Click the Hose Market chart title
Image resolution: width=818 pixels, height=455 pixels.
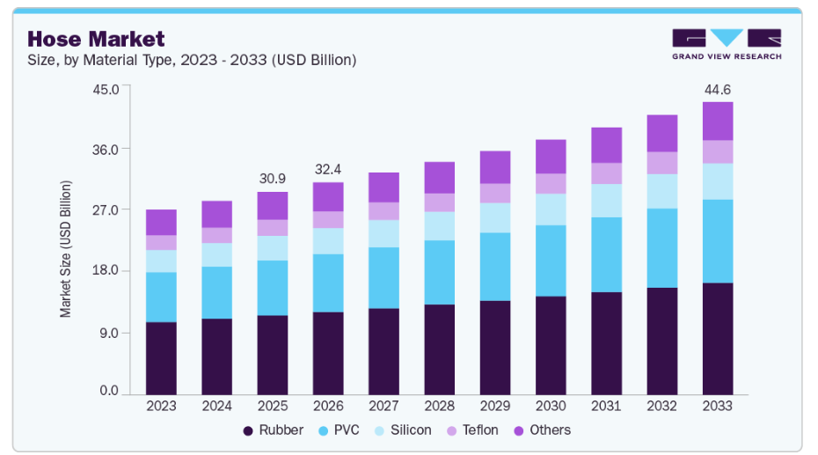(x=97, y=39)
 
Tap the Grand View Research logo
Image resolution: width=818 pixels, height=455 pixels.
(x=727, y=44)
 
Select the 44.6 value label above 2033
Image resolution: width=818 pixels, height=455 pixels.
(x=718, y=89)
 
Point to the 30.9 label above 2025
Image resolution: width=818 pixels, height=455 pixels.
(x=273, y=179)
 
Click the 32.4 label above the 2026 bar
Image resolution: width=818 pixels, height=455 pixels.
(x=328, y=169)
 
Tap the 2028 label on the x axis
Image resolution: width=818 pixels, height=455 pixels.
(x=439, y=406)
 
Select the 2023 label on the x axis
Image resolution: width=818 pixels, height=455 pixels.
(x=161, y=406)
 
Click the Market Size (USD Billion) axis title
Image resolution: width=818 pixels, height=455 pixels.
(x=66, y=248)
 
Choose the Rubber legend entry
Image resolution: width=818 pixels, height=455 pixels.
(x=274, y=430)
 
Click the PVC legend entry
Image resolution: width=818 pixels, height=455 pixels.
(x=337, y=430)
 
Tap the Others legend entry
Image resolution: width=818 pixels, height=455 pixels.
(x=541, y=430)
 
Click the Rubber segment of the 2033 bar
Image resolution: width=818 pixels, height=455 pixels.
(x=718, y=339)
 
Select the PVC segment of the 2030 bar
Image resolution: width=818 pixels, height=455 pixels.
(x=551, y=261)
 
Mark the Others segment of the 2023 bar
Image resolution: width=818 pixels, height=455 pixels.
(x=161, y=223)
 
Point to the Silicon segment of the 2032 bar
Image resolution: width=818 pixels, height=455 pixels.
(x=662, y=191)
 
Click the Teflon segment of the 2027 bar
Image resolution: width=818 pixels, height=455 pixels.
(x=383, y=211)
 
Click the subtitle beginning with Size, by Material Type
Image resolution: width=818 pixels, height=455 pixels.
(x=192, y=60)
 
